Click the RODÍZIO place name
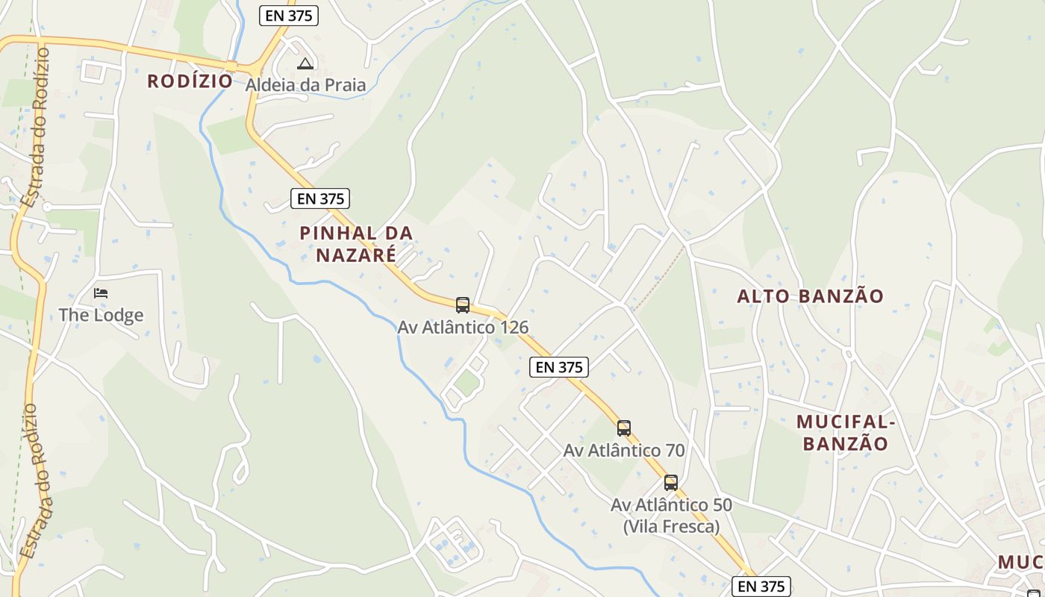pos(190,81)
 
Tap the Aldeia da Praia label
pos(306,85)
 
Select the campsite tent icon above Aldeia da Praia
pos(305,64)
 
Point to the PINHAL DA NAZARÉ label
pos(356,243)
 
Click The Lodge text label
pos(101,315)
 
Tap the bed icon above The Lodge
pos(101,293)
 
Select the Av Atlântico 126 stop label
pos(463,327)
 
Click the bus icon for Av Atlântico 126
pos(463,304)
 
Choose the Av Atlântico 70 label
pos(624,450)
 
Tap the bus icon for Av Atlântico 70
pos(624,428)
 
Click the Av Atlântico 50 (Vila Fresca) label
pos(671,515)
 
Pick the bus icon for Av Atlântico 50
pos(671,483)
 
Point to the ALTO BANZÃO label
pos(810,296)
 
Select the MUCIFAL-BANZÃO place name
pos(846,433)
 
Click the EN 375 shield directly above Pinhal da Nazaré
pos(320,199)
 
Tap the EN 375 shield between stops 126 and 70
pos(559,367)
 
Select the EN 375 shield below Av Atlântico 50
pos(761,587)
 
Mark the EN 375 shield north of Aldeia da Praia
pos(289,16)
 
